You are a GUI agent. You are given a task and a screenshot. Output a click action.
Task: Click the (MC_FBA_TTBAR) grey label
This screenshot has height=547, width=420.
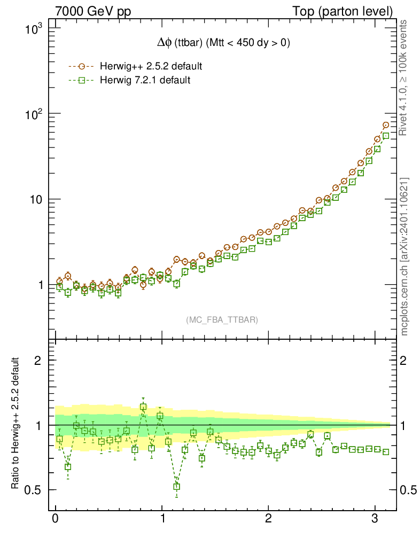pos(222,320)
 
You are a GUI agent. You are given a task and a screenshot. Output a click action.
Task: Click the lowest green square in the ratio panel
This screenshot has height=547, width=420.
pos(176,487)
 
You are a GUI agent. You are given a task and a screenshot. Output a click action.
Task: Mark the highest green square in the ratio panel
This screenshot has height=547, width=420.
pos(143,407)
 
